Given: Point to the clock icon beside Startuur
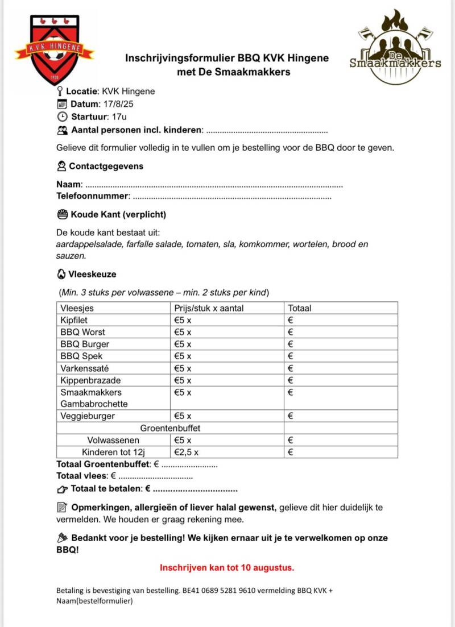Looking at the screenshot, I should (x=62, y=117).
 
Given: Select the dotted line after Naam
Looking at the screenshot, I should (x=213, y=185).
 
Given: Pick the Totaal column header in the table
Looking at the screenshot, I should (x=300, y=308).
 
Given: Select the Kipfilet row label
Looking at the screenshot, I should (x=76, y=320).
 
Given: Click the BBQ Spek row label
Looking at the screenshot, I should (x=81, y=356).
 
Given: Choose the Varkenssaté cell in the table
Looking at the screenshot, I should (x=85, y=368).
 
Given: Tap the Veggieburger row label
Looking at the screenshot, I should (x=88, y=416).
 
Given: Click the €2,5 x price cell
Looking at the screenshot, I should (x=186, y=452).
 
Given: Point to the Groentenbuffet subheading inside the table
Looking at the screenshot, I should (x=170, y=427).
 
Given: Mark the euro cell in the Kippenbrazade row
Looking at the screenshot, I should (x=340, y=380).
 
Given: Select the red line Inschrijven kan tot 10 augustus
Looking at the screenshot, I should (x=227, y=567).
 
